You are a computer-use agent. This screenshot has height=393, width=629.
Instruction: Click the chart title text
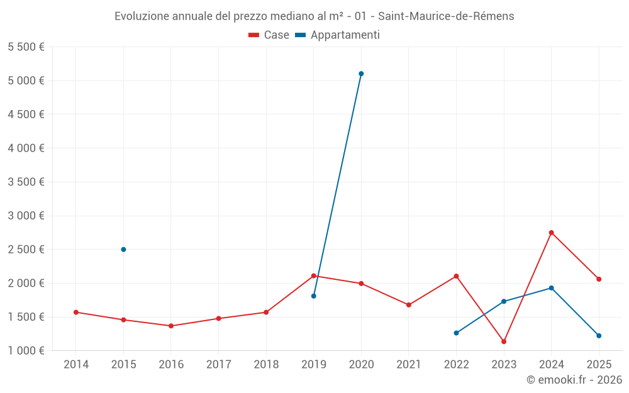click(x=314, y=16)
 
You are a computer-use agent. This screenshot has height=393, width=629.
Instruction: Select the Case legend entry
click(x=269, y=35)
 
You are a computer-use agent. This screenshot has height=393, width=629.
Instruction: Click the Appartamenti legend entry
click(x=337, y=35)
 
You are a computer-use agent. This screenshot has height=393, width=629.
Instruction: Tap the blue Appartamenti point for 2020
click(x=361, y=74)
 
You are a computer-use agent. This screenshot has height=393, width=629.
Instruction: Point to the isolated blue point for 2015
click(x=123, y=250)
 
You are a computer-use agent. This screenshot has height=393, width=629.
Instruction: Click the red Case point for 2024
click(x=551, y=233)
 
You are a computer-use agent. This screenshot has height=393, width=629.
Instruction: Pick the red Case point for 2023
click(x=504, y=341)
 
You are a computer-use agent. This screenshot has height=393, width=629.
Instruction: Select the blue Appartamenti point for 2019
click(x=313, y=296)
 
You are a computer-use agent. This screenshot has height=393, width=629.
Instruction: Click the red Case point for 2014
click(x=75, y=312)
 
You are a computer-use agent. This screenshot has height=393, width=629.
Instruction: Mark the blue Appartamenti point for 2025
click(x=599, y=336)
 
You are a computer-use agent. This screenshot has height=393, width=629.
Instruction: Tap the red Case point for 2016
click(x=171, y=326)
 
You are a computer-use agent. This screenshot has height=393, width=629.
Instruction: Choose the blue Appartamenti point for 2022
click(x=456, y=333)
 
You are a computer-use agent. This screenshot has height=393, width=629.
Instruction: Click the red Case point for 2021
click(x=409, y=305)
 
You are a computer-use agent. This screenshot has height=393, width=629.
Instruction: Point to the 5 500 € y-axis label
click(x=26, y=47)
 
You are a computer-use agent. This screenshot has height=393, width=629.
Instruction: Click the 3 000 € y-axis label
click(x=26, y=216)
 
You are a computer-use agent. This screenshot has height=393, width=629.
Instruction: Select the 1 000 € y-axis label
click(x=26, y=351)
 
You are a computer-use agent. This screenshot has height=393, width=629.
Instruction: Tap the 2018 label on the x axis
click(x=266, y=365)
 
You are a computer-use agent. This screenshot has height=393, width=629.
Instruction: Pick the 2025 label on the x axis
click(x=599, y=365)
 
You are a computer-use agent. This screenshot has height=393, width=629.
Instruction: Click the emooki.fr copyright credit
click(x=574, y=380)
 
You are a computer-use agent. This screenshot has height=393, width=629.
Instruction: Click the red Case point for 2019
click(x=313, y=276)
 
